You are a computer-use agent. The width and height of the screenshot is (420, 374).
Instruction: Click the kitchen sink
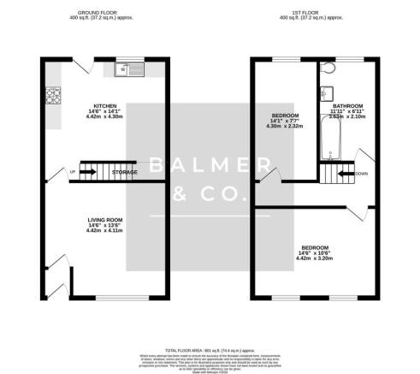(125, 68)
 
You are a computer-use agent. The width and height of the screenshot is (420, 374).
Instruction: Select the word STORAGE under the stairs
(124, 172)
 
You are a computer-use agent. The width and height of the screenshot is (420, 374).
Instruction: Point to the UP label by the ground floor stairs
(72, 172)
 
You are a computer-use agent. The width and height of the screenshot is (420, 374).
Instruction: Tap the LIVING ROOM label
(104, 220)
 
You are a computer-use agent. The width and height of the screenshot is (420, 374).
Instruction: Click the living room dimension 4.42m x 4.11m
(104, 232)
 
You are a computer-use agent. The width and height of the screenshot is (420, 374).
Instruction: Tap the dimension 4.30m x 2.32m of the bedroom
(285, 127)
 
